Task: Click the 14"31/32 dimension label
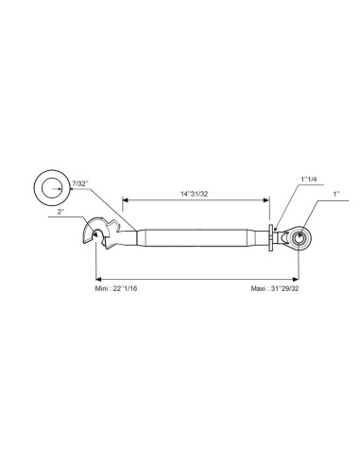(x=194, y=194)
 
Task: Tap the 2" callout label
(x=60, y=212)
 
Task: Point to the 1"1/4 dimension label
(x=309, y=180)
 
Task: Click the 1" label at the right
(x=336, y=194)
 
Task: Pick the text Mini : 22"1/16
(x=116, y=288)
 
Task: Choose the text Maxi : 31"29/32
(x=275, y=288)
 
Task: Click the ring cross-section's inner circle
(x=52, y=188)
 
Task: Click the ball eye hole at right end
(x=299, y=237)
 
